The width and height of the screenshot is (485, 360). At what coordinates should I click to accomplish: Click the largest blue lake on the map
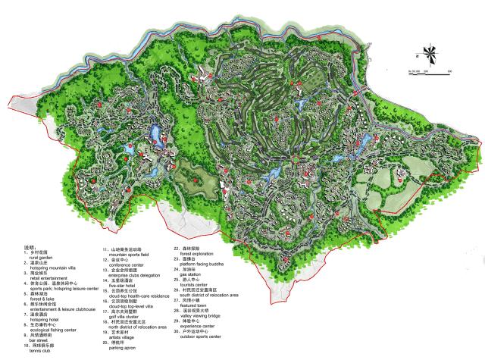(158, 136)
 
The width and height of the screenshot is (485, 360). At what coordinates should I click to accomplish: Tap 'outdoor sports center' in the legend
(198, 335)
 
